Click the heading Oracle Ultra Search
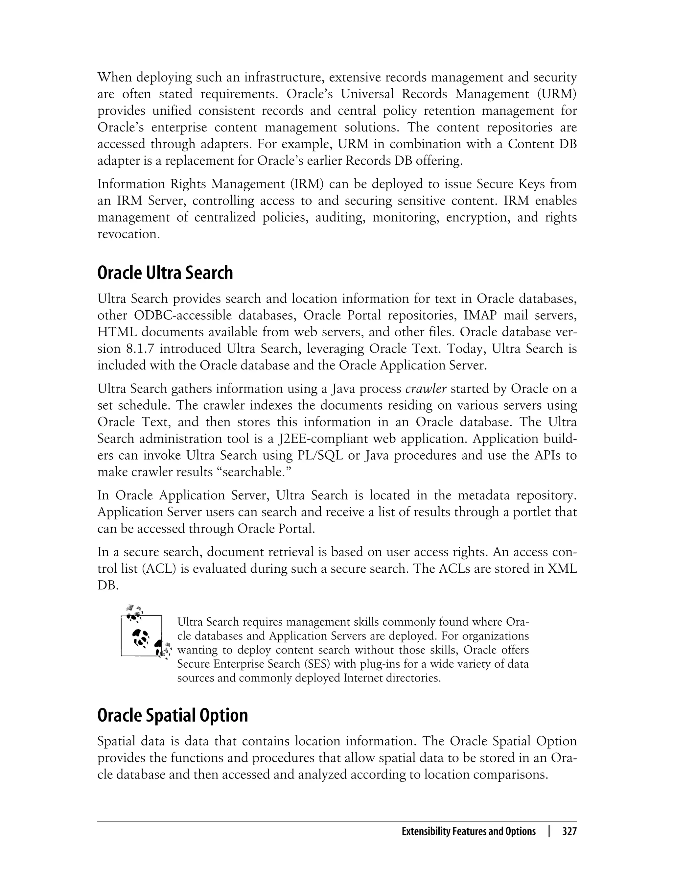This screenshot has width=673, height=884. (x=165, y=273)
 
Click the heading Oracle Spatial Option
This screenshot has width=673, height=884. (x=172, y=715)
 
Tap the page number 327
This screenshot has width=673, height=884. (x=569, y=831)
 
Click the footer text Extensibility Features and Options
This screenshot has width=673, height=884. (x=468, y=831)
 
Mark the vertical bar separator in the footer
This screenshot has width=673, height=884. (x=549, y=831)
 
